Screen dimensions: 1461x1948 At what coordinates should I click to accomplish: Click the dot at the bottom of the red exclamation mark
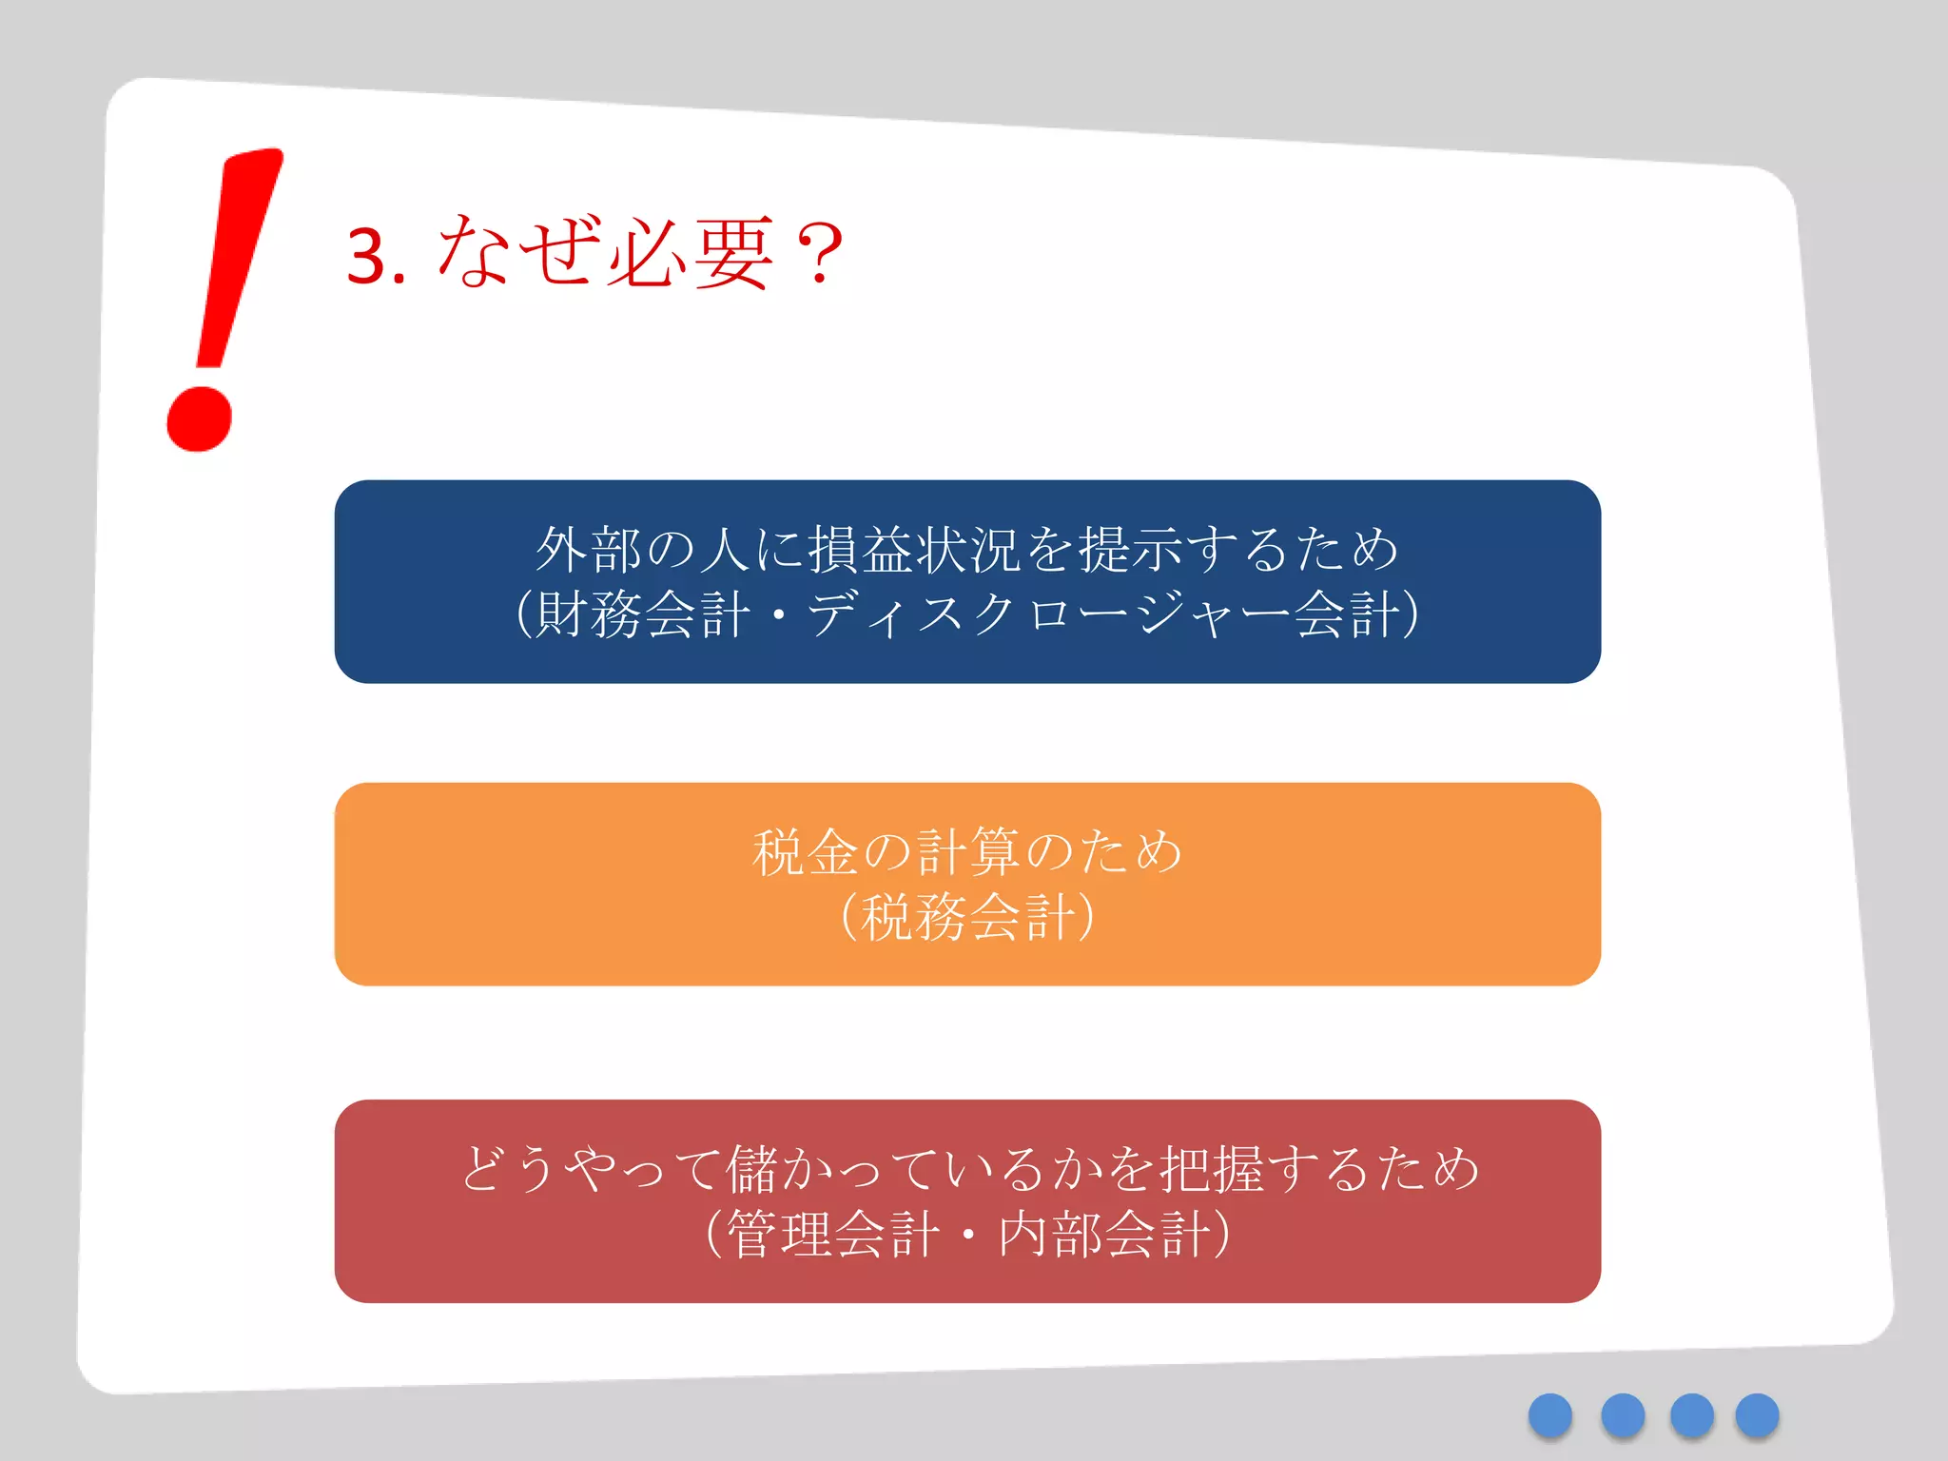tap(199, 418)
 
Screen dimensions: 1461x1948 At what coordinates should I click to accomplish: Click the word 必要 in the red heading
tap(691, 253)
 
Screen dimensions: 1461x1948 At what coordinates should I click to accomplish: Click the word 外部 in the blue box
tap(589, 550)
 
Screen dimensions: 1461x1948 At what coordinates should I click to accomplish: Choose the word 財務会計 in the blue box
tap(642, 614)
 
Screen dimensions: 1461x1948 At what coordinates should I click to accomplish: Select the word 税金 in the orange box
tap(806, 851)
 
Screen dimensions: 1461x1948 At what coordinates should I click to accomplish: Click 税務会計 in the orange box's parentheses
tap(967, 917)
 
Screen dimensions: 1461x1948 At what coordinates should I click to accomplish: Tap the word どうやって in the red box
tap(590, 1168)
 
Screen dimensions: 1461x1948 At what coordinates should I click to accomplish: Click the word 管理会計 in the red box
tap(832, 1235)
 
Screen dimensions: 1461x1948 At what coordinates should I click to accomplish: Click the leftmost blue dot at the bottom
tap(1550, 1415)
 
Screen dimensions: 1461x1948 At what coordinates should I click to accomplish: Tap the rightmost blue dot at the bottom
tap(1757, 1415)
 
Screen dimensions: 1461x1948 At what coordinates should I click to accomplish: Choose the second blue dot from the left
tap(1623, 1415)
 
